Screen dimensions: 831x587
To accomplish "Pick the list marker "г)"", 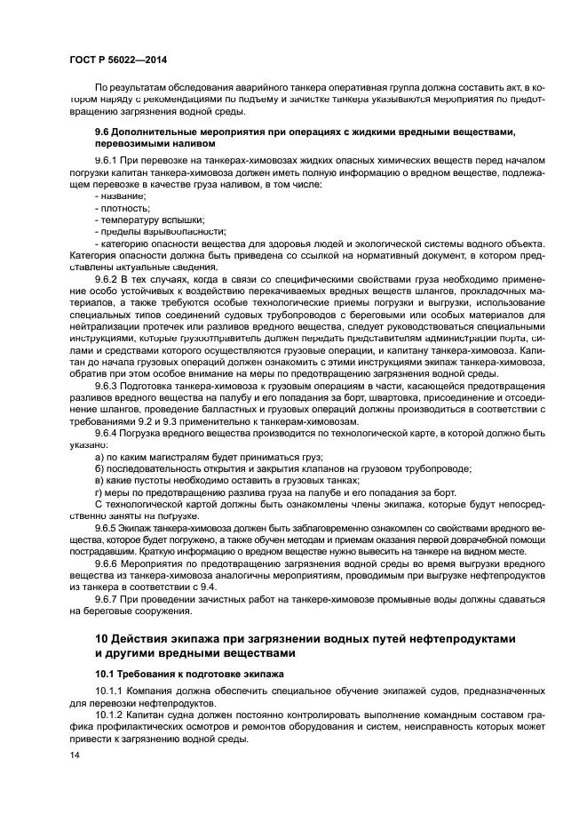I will [99, 491].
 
